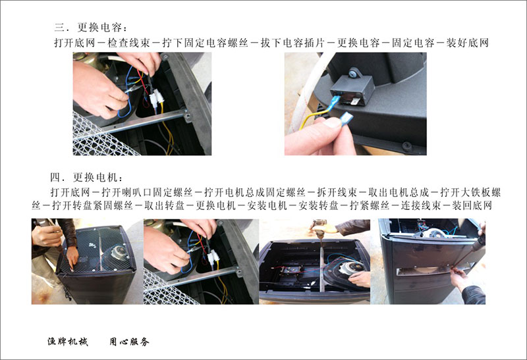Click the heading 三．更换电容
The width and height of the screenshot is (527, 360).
(x=91, y=27)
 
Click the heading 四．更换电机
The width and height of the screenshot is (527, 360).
(x=87, y=177)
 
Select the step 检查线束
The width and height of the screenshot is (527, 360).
(x=128, y=43)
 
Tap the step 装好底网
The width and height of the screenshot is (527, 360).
(x=467, y=43)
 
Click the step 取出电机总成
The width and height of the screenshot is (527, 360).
(x=399, y=192)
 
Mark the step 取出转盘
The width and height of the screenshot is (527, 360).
(x=164, y=205)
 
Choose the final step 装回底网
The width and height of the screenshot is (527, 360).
(x=472, y=205)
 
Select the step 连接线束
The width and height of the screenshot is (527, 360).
(x=420, y=205)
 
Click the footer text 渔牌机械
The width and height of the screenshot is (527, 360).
(x=68, y=342)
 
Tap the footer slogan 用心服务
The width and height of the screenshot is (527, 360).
(x=129, y=342)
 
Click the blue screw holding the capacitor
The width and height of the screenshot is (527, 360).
(x=353, y=72)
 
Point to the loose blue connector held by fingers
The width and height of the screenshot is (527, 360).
(x=347, y=119)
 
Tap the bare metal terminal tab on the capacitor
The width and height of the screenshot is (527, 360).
(x=355, y=99)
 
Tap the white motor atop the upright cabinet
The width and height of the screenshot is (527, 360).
(x=436, y=233)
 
